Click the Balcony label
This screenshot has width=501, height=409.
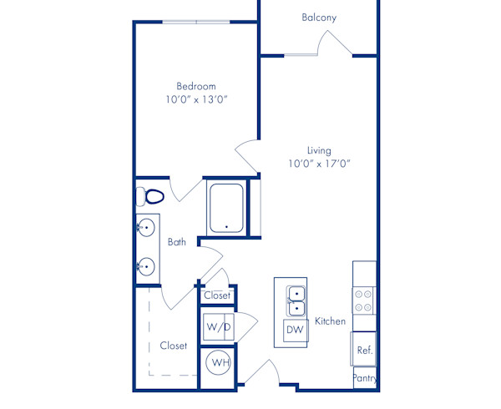click(320, 18)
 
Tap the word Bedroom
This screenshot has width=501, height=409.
click(196, 86)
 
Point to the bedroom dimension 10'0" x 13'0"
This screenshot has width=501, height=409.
click(196, 100)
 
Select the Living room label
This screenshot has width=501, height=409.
click(319, 150)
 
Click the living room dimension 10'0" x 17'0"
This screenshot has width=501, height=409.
click(319, 164)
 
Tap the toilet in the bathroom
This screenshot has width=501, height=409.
click(150, 197)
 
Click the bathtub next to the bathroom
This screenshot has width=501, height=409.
click(226, 208)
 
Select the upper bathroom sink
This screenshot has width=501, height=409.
click(147, 227)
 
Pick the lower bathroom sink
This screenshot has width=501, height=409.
click(147, 267)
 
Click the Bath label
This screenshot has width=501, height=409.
click(177, 243)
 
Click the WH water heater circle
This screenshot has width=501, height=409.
click(219, 363)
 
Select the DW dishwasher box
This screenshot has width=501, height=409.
click(295, 330)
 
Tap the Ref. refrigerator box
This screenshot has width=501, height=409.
click(364, 350)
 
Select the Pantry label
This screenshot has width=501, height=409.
click(365, 378)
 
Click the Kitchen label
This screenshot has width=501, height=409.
click(330, 321)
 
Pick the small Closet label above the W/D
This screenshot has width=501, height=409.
click(217, 295)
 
